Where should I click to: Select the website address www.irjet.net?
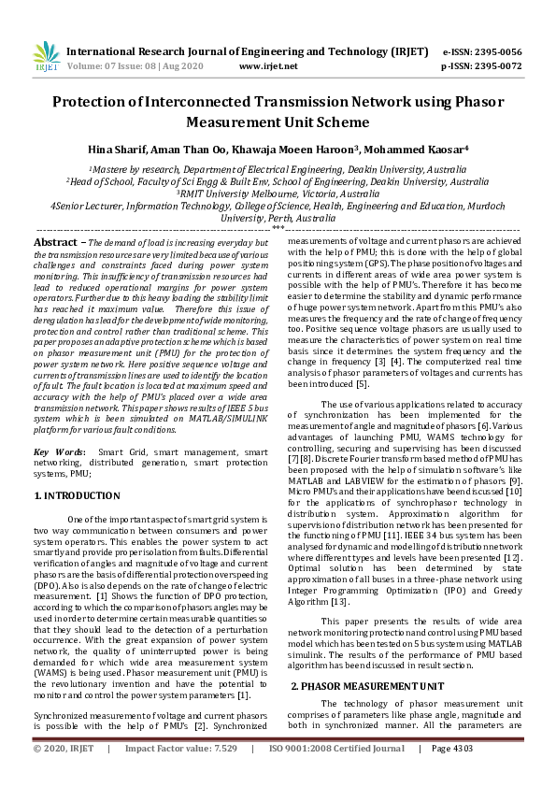(x=268, y=67)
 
